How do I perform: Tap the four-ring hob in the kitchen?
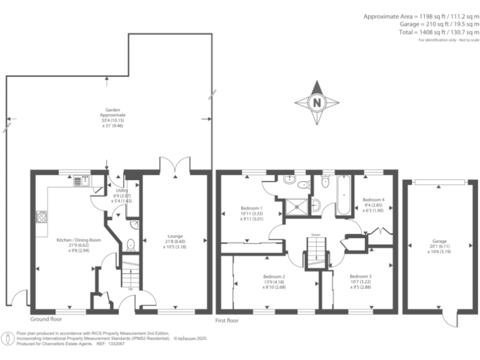[42, 218]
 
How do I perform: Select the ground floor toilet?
[131, 245]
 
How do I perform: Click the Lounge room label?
[176, 237]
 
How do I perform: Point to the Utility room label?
[121, 191]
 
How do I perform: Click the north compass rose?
[317, 102]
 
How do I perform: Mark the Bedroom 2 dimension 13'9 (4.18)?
[274, 282]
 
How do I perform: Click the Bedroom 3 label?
[361, 276]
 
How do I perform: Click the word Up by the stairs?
[130, 289]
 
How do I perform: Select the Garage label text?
[439, 240]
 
